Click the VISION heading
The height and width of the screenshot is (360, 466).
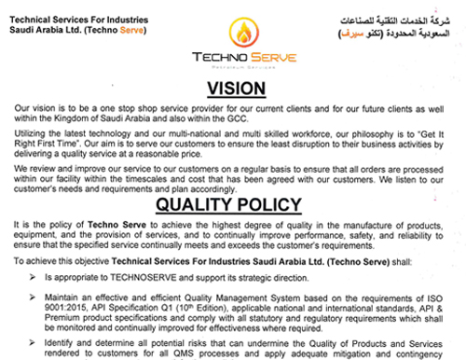point(232,90)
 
